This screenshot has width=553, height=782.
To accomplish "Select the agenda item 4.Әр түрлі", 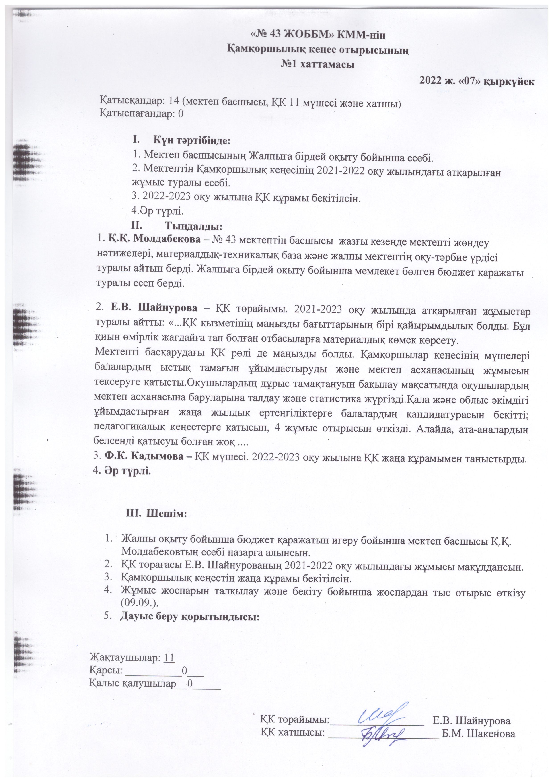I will click(x=157, y=211).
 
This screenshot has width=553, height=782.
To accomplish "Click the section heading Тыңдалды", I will click(x=194, y=226).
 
